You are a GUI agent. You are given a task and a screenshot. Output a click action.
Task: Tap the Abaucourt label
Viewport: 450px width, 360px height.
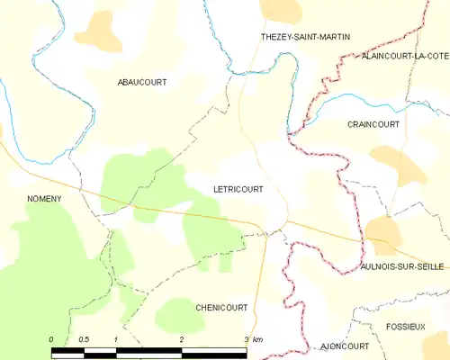pos(142,82)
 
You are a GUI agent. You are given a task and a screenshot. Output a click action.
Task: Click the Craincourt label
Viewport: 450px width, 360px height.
pos(373,125)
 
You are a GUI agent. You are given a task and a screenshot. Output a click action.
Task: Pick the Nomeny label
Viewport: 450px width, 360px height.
pos(43,198)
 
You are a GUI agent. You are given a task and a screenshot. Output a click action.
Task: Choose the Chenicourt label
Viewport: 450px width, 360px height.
pos(221,307)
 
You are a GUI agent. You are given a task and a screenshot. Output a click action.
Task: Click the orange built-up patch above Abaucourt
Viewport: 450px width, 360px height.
pos(97,31)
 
